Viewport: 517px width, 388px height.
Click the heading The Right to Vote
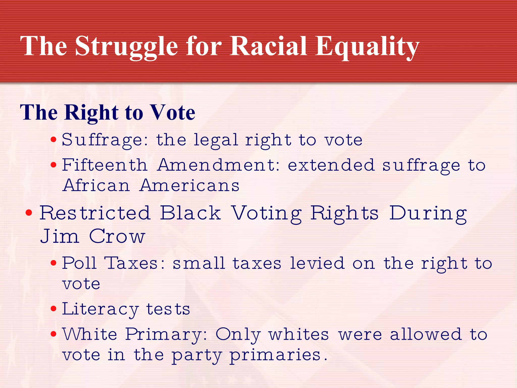[108, 112]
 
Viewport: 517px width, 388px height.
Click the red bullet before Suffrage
[53, 140]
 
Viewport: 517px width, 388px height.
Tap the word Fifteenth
[105, 165]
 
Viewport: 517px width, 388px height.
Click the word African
[96, 185]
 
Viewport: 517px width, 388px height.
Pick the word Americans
[189, 185]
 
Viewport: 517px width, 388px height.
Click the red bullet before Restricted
[29, 213]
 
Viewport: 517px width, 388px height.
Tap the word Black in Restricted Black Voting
[191, 213]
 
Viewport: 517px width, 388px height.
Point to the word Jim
[60, 236]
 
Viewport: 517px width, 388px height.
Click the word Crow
[117, 236]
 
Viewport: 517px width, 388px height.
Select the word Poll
[79, 263]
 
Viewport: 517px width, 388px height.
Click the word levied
[317, 263]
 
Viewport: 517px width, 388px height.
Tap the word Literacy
[100, 309]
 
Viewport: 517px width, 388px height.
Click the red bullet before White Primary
[53, 334]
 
